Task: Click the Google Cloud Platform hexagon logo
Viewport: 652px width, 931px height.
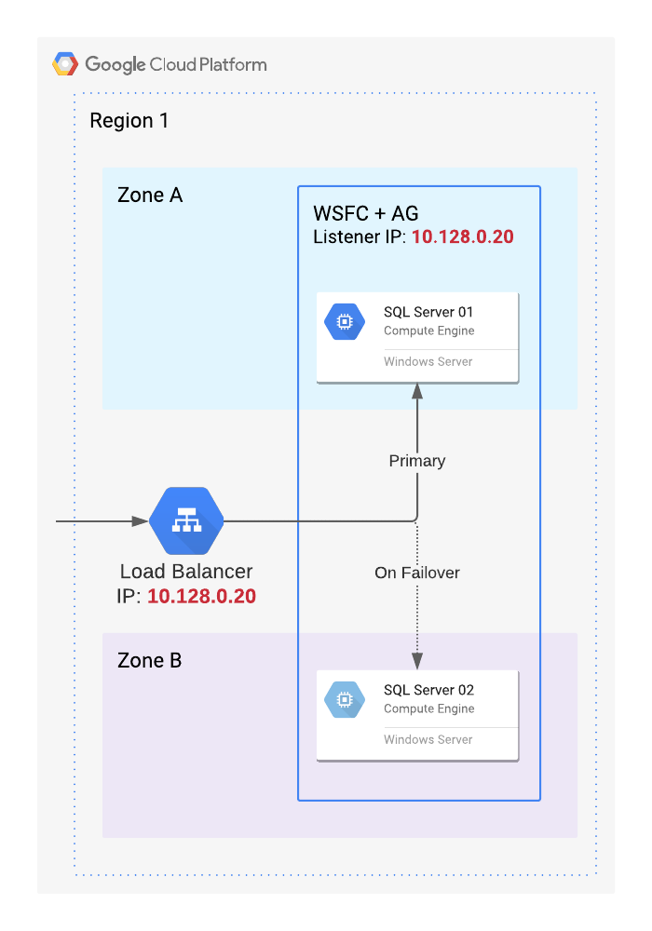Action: (65, 64)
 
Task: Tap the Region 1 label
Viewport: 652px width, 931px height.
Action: (129, 121)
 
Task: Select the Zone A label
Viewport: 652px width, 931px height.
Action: (150, 196)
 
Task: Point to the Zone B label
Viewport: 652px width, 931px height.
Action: (150, 661)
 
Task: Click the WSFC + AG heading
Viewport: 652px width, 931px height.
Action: (359, 213)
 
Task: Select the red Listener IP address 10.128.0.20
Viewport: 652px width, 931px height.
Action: (463, 237)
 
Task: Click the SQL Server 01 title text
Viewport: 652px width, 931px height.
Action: (428, 312)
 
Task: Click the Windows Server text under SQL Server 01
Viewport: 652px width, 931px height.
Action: (428, 361)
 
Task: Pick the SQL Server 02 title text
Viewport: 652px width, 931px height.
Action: (428, 690)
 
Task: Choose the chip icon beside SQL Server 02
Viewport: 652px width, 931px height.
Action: (344, 700)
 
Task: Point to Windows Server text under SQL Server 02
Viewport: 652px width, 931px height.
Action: (428, 739)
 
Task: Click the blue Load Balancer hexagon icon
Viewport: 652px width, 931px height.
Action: (186, 521)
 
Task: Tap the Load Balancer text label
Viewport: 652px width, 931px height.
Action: (186, 572)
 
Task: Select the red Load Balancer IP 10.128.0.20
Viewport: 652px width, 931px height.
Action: (201, 596)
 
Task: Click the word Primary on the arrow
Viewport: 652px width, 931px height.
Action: (416, 461)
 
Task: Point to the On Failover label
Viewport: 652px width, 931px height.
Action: (416, 573)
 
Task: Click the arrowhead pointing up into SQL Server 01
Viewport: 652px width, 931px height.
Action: (416, 392)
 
